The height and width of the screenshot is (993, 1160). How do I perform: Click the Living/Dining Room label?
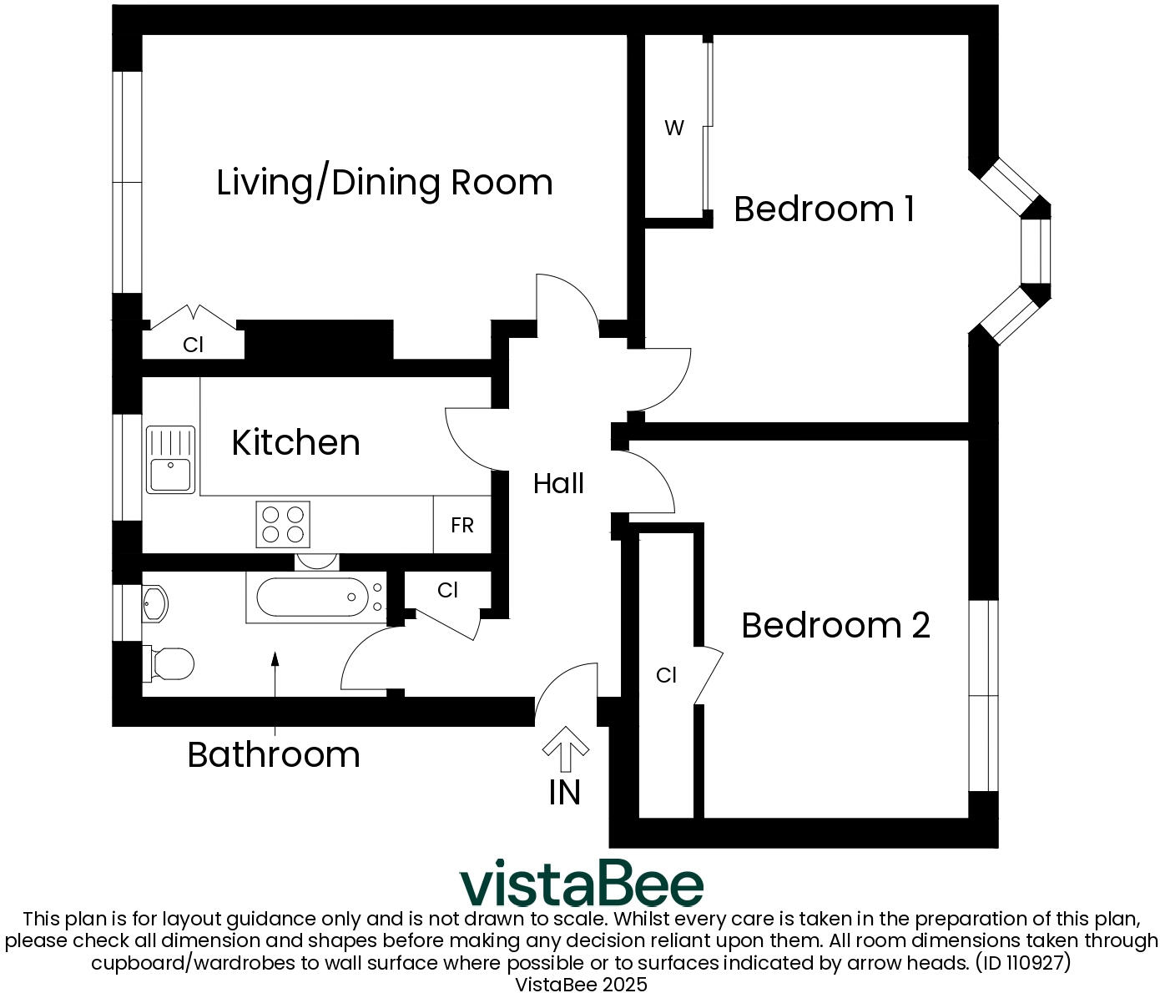click(384, 183)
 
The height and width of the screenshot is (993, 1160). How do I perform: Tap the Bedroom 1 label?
click(824, 209)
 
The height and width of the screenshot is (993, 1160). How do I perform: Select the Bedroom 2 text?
click(835, 625)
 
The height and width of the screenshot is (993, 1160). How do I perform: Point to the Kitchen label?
click(295, 442)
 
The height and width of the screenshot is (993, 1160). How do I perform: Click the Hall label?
click(558, 483)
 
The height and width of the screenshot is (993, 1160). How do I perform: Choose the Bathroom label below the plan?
click(274, 754)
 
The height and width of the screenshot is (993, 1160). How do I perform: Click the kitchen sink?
click(170, 460)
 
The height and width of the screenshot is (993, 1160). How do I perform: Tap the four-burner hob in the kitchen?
click(283, 524)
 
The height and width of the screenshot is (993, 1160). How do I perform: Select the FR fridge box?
click(462, 525)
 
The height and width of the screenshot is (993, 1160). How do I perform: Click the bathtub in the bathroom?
click(315, 597)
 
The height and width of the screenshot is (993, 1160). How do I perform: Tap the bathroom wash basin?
click(154, 603)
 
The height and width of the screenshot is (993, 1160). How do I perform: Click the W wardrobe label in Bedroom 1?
click(674, 128)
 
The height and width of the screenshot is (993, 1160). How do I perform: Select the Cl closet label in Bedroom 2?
click(666, 675)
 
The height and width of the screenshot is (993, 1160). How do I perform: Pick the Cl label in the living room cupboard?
click(193, 345)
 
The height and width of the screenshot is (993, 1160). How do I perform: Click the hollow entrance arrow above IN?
click(566, 749)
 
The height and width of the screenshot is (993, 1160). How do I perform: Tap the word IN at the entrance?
click(565, 793)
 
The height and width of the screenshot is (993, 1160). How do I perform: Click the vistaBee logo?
click(582, 885)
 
